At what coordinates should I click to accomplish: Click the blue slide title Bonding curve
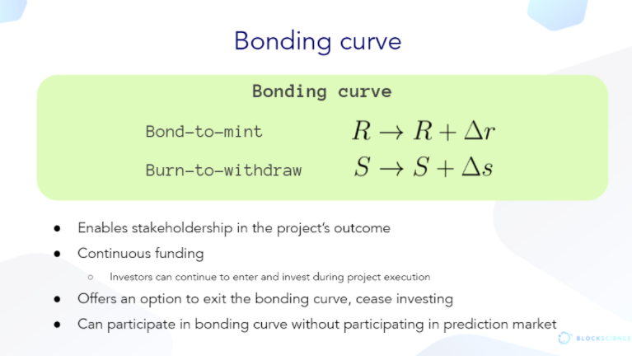pos(317,42)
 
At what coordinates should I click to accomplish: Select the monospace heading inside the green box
pos(321,91)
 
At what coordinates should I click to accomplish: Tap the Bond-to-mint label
pos(204,132)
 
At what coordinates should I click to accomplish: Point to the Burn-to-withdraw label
pos(223,171)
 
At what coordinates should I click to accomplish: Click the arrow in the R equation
pos(391,133)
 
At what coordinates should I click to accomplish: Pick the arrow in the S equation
pos(391,168)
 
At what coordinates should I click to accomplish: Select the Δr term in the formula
pos(480,131)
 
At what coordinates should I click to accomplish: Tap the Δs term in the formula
pos(477,166)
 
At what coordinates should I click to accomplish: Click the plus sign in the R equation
pos(447,133)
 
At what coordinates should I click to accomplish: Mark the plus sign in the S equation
pos(446,168)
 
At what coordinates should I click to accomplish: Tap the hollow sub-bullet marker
pos(91,278)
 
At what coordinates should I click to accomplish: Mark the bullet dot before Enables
pos(57,228)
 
